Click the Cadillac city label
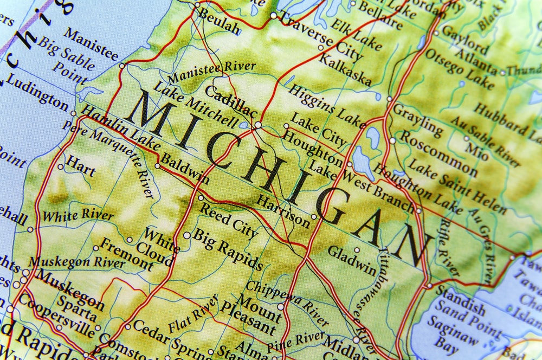[230, 101]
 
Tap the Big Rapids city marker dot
[187, 235]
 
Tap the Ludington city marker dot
[74, 113]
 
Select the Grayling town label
[418, 119]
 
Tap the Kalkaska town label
[345, 70]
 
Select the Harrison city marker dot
[314, 217]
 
